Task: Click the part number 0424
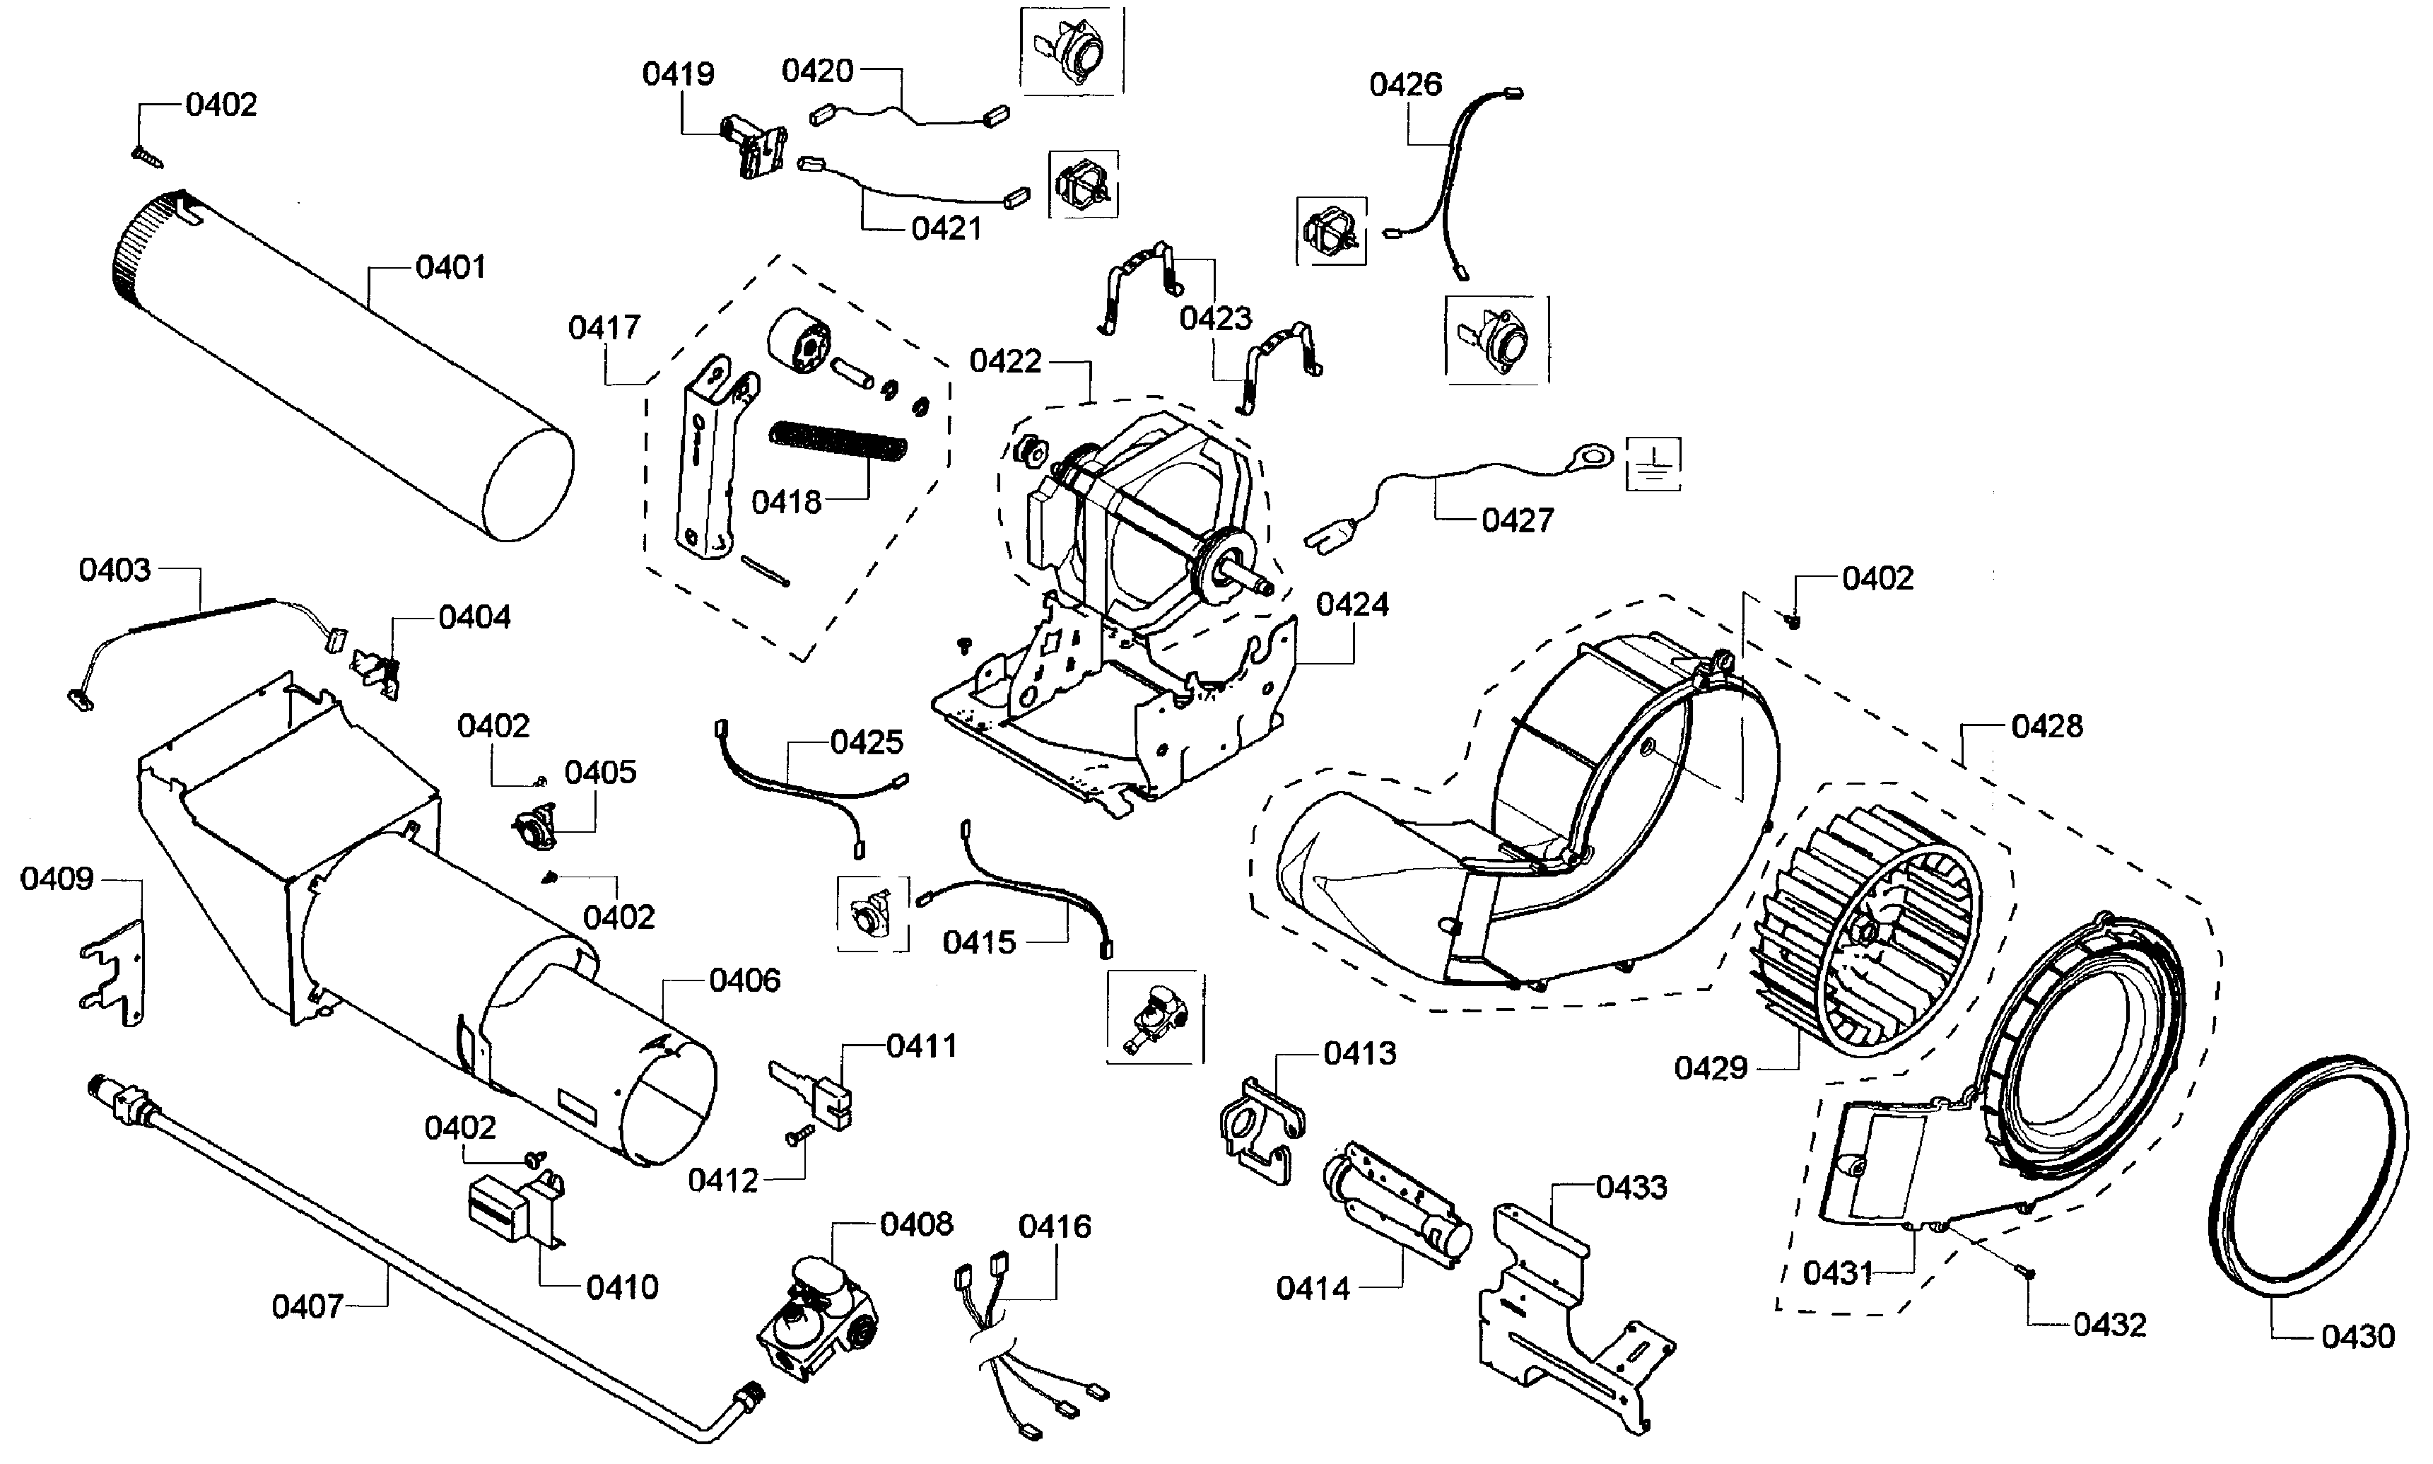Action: point(1352,604)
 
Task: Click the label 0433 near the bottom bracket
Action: point(1631,1187)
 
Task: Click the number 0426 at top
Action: point(1405,85)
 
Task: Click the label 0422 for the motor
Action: point(1005,361)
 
